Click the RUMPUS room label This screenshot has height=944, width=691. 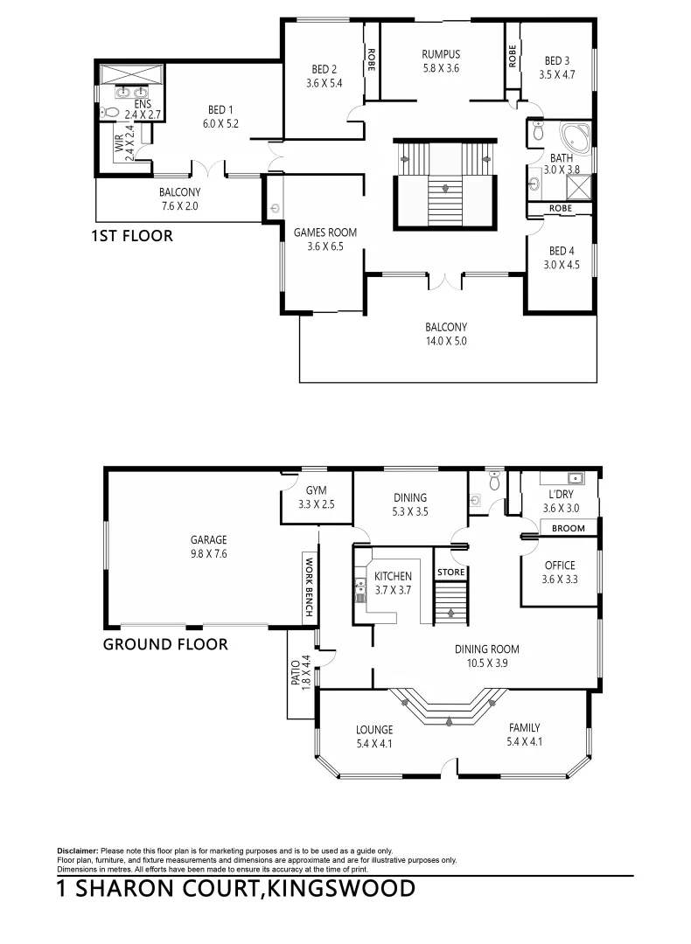coord(440,54)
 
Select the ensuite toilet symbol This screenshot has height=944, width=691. coord(109,112)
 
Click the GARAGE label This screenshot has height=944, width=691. coord(209,539)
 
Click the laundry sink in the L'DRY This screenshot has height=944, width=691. coord(576,478)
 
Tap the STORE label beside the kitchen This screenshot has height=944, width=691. coord(450,573)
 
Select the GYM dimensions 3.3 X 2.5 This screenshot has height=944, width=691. coord(316,504)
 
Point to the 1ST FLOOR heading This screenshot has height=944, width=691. coord(132,236)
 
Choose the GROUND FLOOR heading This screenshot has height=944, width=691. coord(165,644)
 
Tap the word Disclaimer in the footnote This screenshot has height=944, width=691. coord(78,850)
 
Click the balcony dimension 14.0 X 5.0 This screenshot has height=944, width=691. coord(446,342)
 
